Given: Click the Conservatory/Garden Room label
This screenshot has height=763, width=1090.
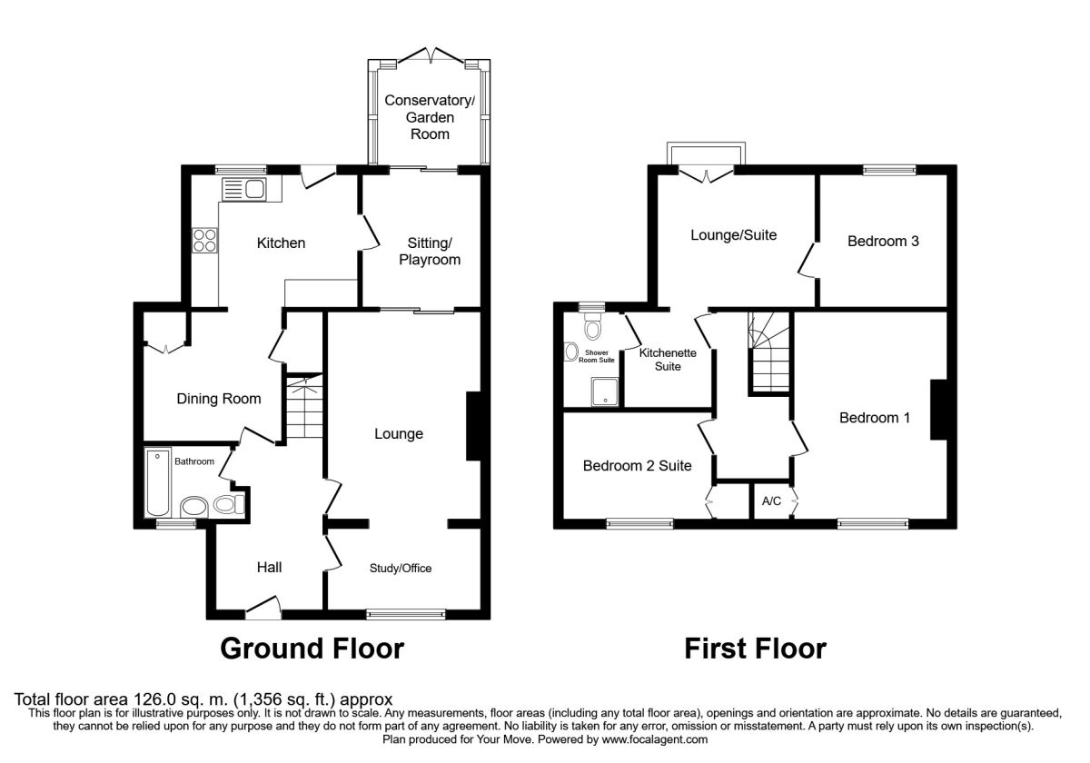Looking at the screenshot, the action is [430, 116].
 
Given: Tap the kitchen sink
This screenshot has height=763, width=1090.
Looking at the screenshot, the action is [243, 189].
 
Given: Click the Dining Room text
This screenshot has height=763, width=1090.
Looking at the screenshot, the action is [218, 399].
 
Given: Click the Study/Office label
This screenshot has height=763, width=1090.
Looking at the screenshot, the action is [400, 569].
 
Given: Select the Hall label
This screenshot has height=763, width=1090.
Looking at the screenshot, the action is [269, 568].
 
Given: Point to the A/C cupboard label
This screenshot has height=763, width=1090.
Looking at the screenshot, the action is [771, 500].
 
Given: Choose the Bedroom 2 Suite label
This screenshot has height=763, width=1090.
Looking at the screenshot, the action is [637, 466].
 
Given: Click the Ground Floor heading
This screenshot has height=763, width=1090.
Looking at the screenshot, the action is [312, 649].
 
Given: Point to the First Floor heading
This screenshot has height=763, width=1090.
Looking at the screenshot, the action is [755, 649].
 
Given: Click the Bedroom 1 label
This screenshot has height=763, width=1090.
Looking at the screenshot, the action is [874, 418].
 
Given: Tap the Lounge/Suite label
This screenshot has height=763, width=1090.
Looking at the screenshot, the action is [734, 235].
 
